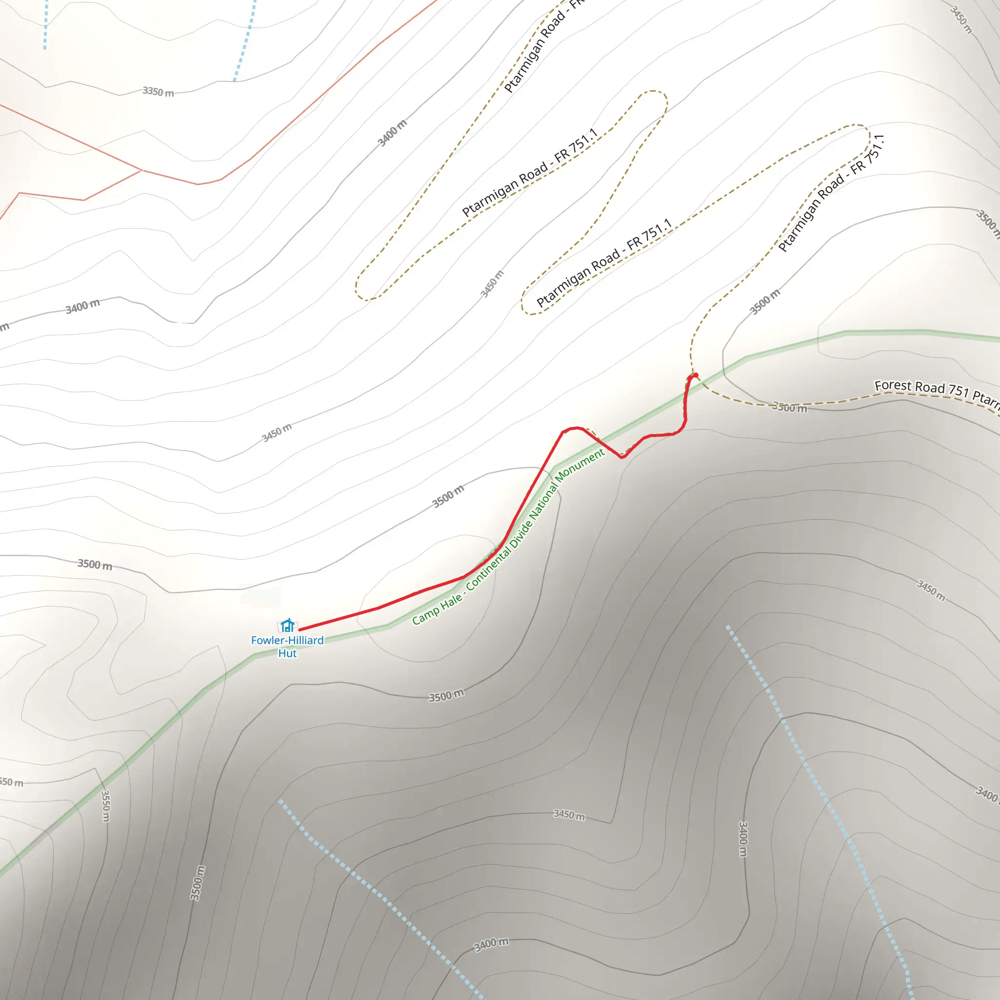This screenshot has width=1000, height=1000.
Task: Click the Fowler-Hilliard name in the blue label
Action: (287, 640)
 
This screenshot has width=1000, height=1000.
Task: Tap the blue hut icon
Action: (287, 625)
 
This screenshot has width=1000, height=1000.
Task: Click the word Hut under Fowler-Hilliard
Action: (287, 653)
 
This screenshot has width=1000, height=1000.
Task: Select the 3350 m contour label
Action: (158, 92)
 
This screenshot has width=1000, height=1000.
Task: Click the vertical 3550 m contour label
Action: (105, 805)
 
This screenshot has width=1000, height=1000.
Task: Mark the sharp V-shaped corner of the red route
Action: (623, 457)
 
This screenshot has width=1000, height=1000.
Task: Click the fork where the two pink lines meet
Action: (142, 170)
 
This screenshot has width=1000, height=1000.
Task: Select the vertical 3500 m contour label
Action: (196, 882)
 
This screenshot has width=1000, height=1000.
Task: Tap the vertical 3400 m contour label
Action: (742, 838)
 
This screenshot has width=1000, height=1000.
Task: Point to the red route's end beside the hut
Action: (301, 629)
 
